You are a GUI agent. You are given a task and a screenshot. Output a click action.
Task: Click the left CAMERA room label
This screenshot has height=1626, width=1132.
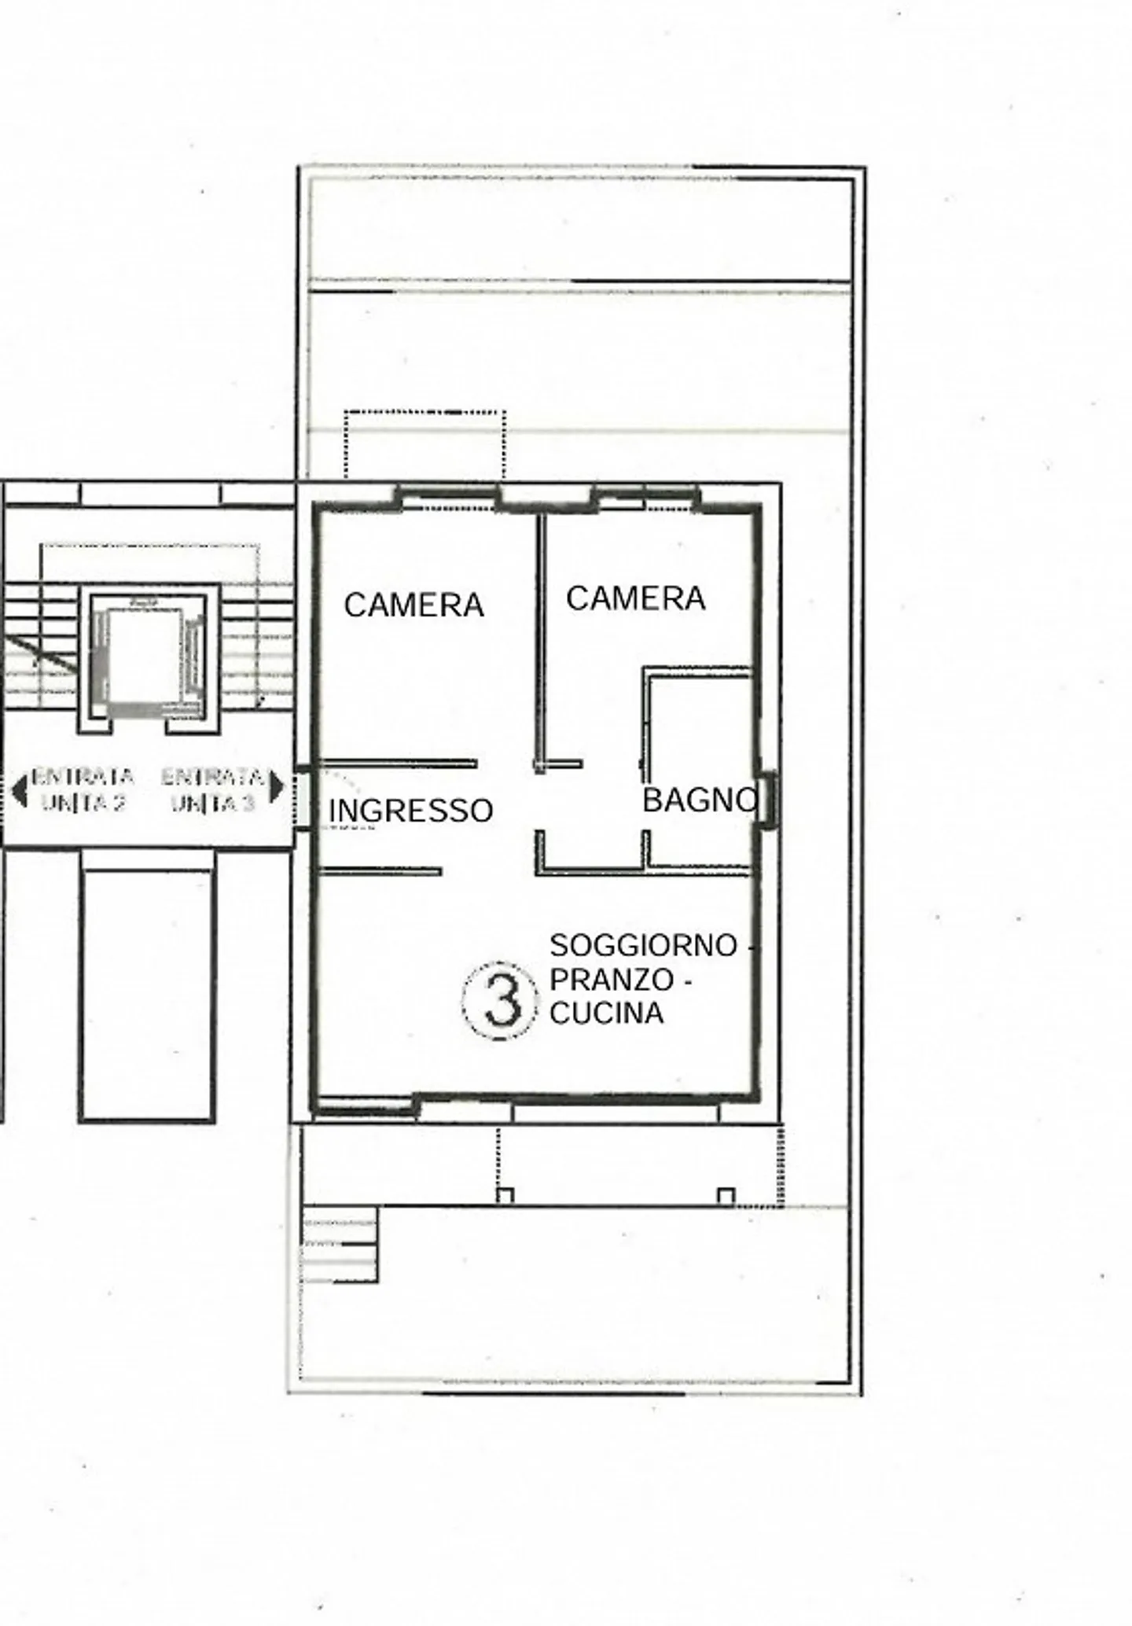point(413,605)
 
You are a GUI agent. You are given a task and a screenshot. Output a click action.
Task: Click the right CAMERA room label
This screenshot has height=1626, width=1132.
point(635,599)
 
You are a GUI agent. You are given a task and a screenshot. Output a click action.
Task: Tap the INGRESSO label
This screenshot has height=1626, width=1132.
point(410,811)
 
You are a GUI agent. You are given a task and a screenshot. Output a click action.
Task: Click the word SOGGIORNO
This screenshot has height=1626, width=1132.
point(644,945)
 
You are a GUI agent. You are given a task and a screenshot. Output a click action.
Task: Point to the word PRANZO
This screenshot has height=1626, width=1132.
point(612,980)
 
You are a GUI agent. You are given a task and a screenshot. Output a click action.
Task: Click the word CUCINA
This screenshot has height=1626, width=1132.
point(606,1013)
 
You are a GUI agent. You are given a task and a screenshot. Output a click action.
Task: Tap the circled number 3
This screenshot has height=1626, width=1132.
point(501,1001)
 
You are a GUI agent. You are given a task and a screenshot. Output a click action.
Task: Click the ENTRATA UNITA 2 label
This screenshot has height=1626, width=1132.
point(82,789)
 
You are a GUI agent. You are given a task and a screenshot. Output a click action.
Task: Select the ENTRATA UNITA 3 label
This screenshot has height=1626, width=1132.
point(212,789)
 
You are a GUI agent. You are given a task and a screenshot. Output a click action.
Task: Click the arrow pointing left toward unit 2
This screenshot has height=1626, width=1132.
point(19,789)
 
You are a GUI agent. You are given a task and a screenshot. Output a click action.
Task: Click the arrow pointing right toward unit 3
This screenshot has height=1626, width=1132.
point(276,787)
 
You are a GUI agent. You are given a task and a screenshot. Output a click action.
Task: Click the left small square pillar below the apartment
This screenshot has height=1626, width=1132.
point(505,1196)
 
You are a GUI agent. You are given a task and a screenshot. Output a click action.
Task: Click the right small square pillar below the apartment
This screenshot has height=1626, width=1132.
point(726,1196)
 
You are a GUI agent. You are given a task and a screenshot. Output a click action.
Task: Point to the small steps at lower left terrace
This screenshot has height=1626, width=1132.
point(340,1245)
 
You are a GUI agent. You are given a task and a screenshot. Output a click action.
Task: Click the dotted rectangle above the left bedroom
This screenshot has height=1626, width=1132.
point(424,444)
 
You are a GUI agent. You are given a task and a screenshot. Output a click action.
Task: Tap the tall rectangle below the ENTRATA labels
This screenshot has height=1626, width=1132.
point(147,995)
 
